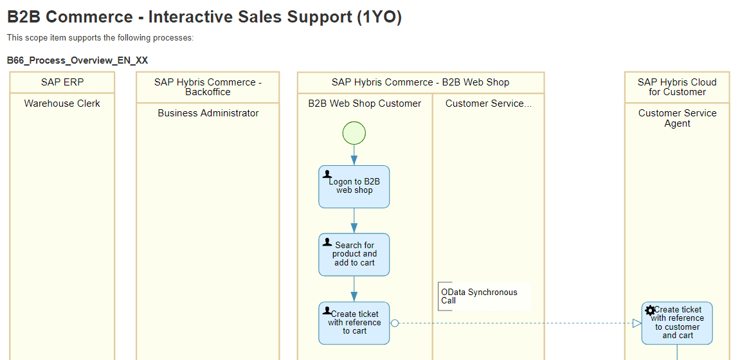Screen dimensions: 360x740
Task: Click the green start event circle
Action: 354,133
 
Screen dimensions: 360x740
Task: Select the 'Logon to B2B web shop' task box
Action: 354,186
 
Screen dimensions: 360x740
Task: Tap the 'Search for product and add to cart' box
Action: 354,255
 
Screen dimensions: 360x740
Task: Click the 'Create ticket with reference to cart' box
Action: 354,323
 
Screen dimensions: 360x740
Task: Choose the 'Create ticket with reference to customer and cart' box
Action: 677,323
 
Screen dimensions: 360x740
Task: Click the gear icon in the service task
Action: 650,310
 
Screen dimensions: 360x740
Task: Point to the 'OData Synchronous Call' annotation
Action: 479,296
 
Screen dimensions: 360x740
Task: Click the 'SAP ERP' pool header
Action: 62,82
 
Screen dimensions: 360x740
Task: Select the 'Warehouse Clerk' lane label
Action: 62,104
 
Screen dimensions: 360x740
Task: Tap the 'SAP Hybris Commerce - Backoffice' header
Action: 208,87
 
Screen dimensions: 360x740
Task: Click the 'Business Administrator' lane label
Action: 208,113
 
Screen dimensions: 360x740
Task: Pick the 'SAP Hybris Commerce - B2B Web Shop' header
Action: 420,82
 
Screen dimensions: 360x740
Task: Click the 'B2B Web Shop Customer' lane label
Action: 365,104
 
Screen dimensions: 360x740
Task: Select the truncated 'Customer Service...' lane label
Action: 488,104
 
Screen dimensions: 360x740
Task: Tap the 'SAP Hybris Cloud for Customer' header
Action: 677,87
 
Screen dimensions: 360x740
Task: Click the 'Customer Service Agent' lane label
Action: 677,118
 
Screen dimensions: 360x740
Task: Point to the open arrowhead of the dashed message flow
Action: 636,323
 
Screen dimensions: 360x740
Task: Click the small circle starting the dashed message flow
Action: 395,323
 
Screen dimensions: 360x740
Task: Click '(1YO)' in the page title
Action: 379,17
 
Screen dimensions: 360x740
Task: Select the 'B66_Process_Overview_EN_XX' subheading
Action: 77,60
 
